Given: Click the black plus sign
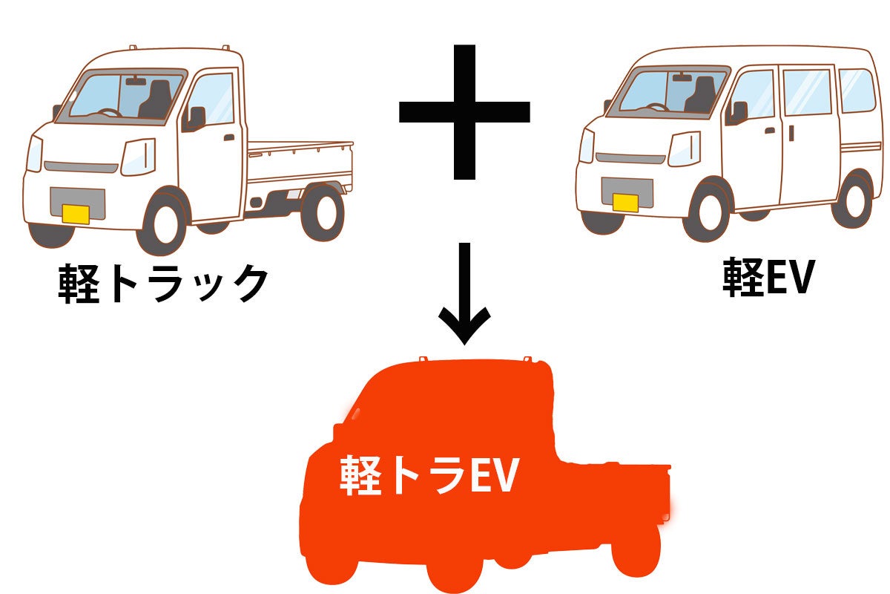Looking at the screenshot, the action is pyautogui.click(x=464, y=111).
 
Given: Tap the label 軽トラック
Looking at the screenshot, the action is pyautogui.click(x=162, y=283).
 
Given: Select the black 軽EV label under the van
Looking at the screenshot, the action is pyautogui.click(x=768, y=279).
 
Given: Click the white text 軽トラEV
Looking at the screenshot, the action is pyautogui.click(x=428, y=475).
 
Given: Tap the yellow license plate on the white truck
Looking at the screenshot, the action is pyautogui.click(x=76, y=214).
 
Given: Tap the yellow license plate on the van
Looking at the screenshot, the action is pyautogui.click(x=625, y=202).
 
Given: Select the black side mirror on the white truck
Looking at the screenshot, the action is pyautogui.click(x=197, y=117).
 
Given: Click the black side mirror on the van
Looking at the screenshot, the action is pyautogui.click(x=739, y=111).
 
